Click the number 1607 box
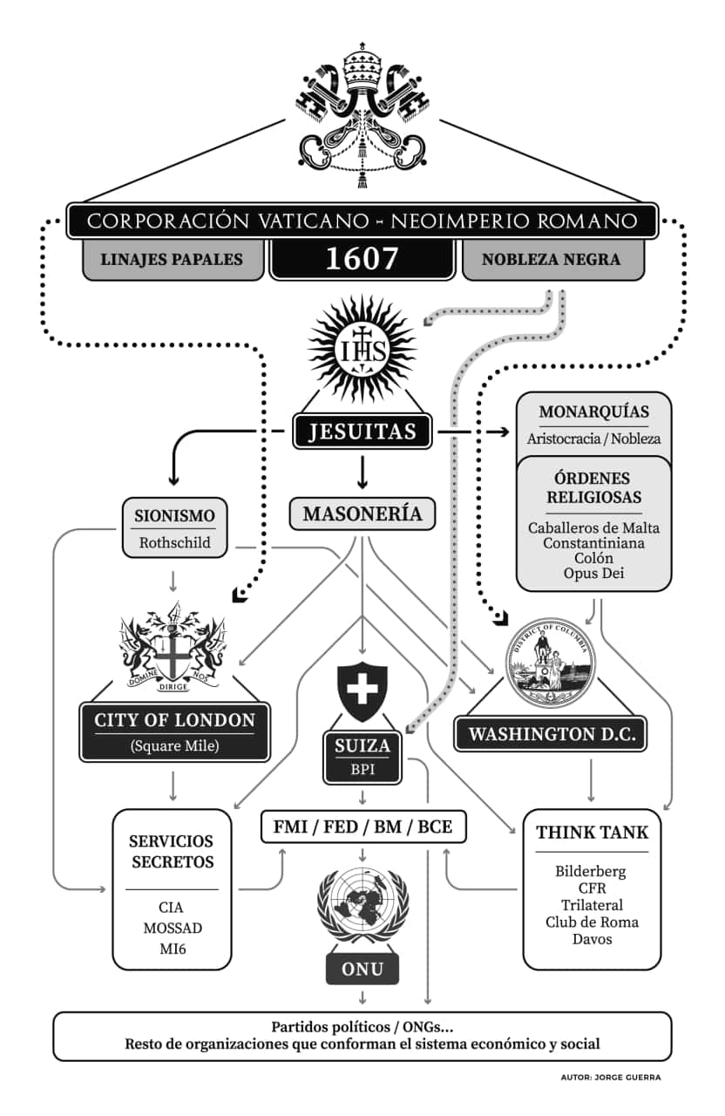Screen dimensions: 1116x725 [x=362, y=259]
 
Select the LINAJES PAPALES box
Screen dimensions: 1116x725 [x=173, y=260]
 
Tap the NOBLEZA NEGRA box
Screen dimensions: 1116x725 [x=551, y=260]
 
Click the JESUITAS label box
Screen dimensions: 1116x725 [x=362, y=431]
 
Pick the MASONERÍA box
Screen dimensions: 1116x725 [x=362, y=514]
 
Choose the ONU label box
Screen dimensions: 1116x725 [x=362, y=969]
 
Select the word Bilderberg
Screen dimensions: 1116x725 [x=592, y=871]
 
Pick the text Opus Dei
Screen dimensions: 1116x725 [x=593, y=573]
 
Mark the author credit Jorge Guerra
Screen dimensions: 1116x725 [x=611, y=1078]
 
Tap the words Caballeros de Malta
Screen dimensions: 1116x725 [x=593, y=527]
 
